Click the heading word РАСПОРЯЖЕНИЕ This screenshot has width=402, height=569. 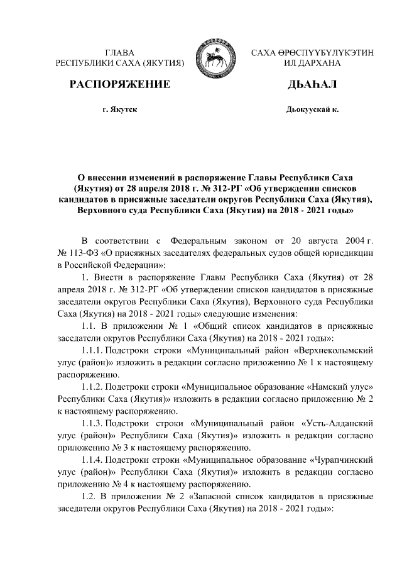point(120,84)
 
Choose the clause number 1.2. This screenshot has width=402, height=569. point(89,497)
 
